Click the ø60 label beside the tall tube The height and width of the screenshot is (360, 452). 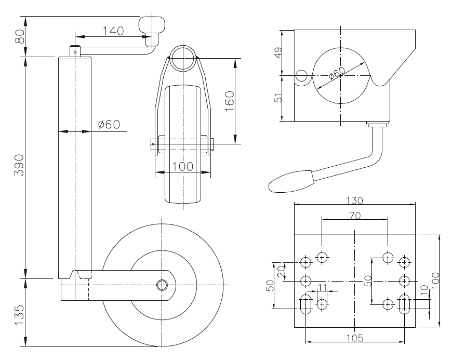point(109,124)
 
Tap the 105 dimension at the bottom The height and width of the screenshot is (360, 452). point(355,337)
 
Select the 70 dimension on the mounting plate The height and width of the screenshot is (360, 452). point(355,215)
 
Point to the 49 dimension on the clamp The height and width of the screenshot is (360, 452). point(278,53)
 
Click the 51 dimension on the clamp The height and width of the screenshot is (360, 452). point(278,98)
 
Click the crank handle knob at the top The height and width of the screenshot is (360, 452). point(152,24)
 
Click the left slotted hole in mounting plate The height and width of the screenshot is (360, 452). point(306,304)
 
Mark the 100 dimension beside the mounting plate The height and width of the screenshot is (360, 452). point(435,281)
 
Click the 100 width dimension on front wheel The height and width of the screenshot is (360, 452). point(183,166)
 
